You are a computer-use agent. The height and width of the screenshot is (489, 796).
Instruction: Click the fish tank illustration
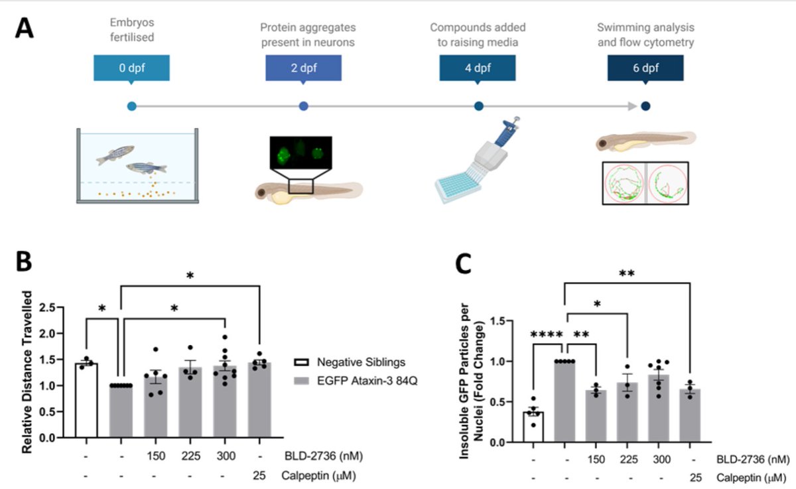(x=137, y=166)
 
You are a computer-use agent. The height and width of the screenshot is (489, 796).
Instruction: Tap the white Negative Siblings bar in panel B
(x=87, y=400)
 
